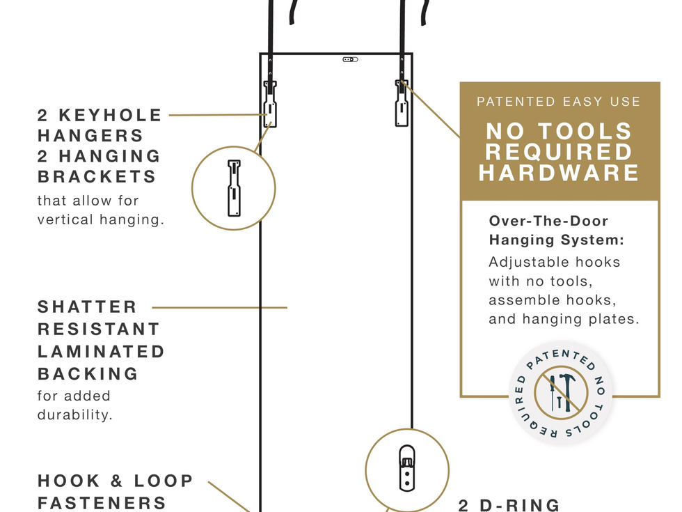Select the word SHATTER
[x=87, y=307]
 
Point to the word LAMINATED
[x=101, y=352]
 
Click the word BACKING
[x=88, y=374]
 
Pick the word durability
[x=74, y=415]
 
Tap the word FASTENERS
[x=102, y=503]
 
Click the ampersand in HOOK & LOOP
[x=116, y=481]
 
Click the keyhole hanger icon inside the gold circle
[x=234, y=187]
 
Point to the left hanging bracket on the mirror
[x=270, y=104]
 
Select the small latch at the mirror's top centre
[x=351, y=60]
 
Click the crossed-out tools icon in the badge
[x=560, y=392]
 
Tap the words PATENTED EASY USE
[x=558, y=102]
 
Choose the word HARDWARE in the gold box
[x=559, y=173]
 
